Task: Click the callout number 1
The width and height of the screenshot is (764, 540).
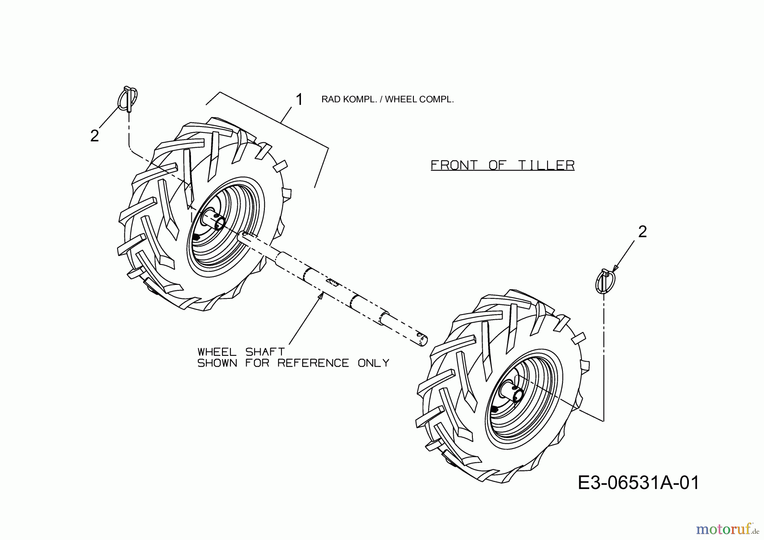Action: tap(299, 100)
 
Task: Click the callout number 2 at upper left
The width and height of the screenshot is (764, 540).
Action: tap(95, 136)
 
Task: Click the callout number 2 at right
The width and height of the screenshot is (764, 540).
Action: tap(642, 232)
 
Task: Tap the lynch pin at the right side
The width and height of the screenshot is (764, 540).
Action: tap(605, 281)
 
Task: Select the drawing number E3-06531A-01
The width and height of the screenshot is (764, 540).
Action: tap(638, 483)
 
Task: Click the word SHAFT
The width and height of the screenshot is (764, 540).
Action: tap(265, 352)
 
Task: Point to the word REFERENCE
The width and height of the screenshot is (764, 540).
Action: tap(313, 363)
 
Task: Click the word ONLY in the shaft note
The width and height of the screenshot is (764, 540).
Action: tap(374, 363)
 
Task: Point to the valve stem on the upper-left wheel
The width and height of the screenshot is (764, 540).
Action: tap(196, 237)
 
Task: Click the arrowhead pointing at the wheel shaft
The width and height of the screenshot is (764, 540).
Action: tap(320, 296)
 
